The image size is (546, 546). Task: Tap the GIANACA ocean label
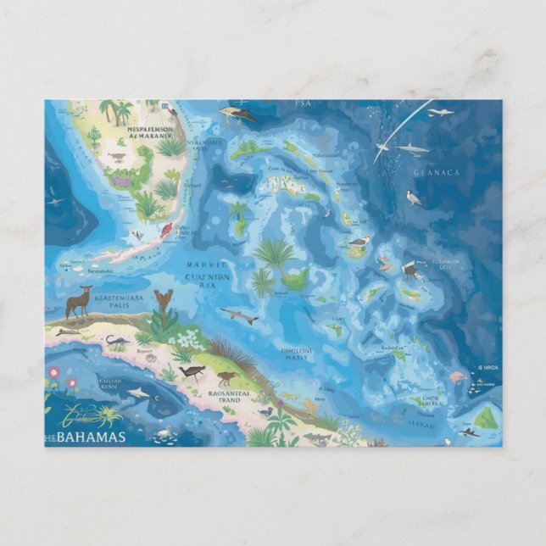[436, 173]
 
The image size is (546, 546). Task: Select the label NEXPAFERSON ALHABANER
[150, 134]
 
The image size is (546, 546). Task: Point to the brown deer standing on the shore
[78, 301]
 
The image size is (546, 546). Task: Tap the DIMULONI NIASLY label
[297, 352]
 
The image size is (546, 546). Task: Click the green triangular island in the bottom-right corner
[485, 418]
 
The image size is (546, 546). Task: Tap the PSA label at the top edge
[303, 103]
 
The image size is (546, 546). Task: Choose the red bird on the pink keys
[166, 229]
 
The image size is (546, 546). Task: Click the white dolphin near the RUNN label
[139, 393]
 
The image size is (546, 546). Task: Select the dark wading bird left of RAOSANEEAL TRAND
[192, 371]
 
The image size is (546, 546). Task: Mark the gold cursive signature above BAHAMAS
[85, 417]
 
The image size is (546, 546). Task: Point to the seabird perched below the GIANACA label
[413, 198]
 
